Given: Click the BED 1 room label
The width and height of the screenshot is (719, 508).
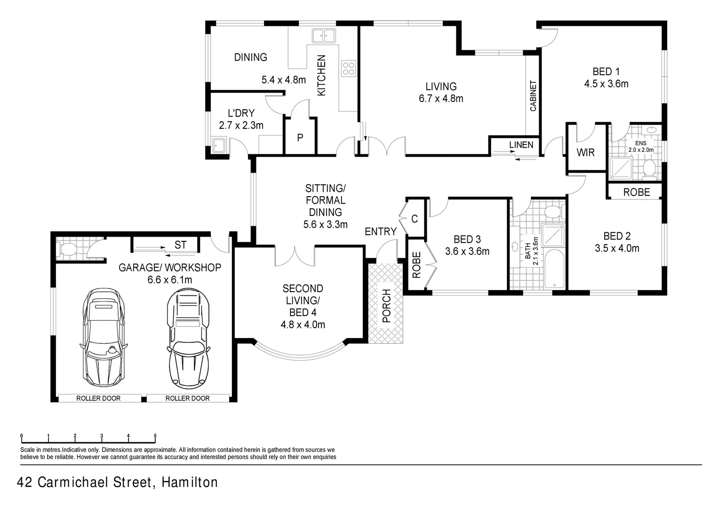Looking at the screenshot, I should (x=606, y=72).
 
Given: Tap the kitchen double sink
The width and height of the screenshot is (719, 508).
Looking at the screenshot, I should (x=323, y=35).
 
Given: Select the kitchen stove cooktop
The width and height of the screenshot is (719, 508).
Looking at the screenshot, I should (x=349, y=69).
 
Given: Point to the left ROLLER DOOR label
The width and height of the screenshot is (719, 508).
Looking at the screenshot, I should (x=98, y=398).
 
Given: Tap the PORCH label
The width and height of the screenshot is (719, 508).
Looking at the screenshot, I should (x=386, y=305).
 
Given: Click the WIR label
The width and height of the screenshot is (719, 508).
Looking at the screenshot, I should (x=585, y=152).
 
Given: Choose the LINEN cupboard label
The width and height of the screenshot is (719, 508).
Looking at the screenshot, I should (x=521, y=145).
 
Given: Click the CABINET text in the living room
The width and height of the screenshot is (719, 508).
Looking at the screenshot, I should (x=533, y=96).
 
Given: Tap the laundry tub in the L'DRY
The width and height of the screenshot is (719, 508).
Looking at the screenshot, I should (x=219, y=145).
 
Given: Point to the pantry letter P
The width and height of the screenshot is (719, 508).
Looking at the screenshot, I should (x=300, y=138).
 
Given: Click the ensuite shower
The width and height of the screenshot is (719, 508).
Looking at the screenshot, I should (x=621, y=168).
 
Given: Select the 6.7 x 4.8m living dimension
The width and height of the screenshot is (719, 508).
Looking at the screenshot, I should (x=441, y=99).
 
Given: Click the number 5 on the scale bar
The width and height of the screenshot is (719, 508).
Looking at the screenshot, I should (x=155, y=436).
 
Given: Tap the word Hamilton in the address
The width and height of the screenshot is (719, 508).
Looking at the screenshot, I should (x=190, y=483).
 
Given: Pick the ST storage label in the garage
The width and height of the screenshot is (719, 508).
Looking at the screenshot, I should (x=181, y=245).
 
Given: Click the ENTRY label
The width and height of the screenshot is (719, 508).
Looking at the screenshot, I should (x=380, y=231).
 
